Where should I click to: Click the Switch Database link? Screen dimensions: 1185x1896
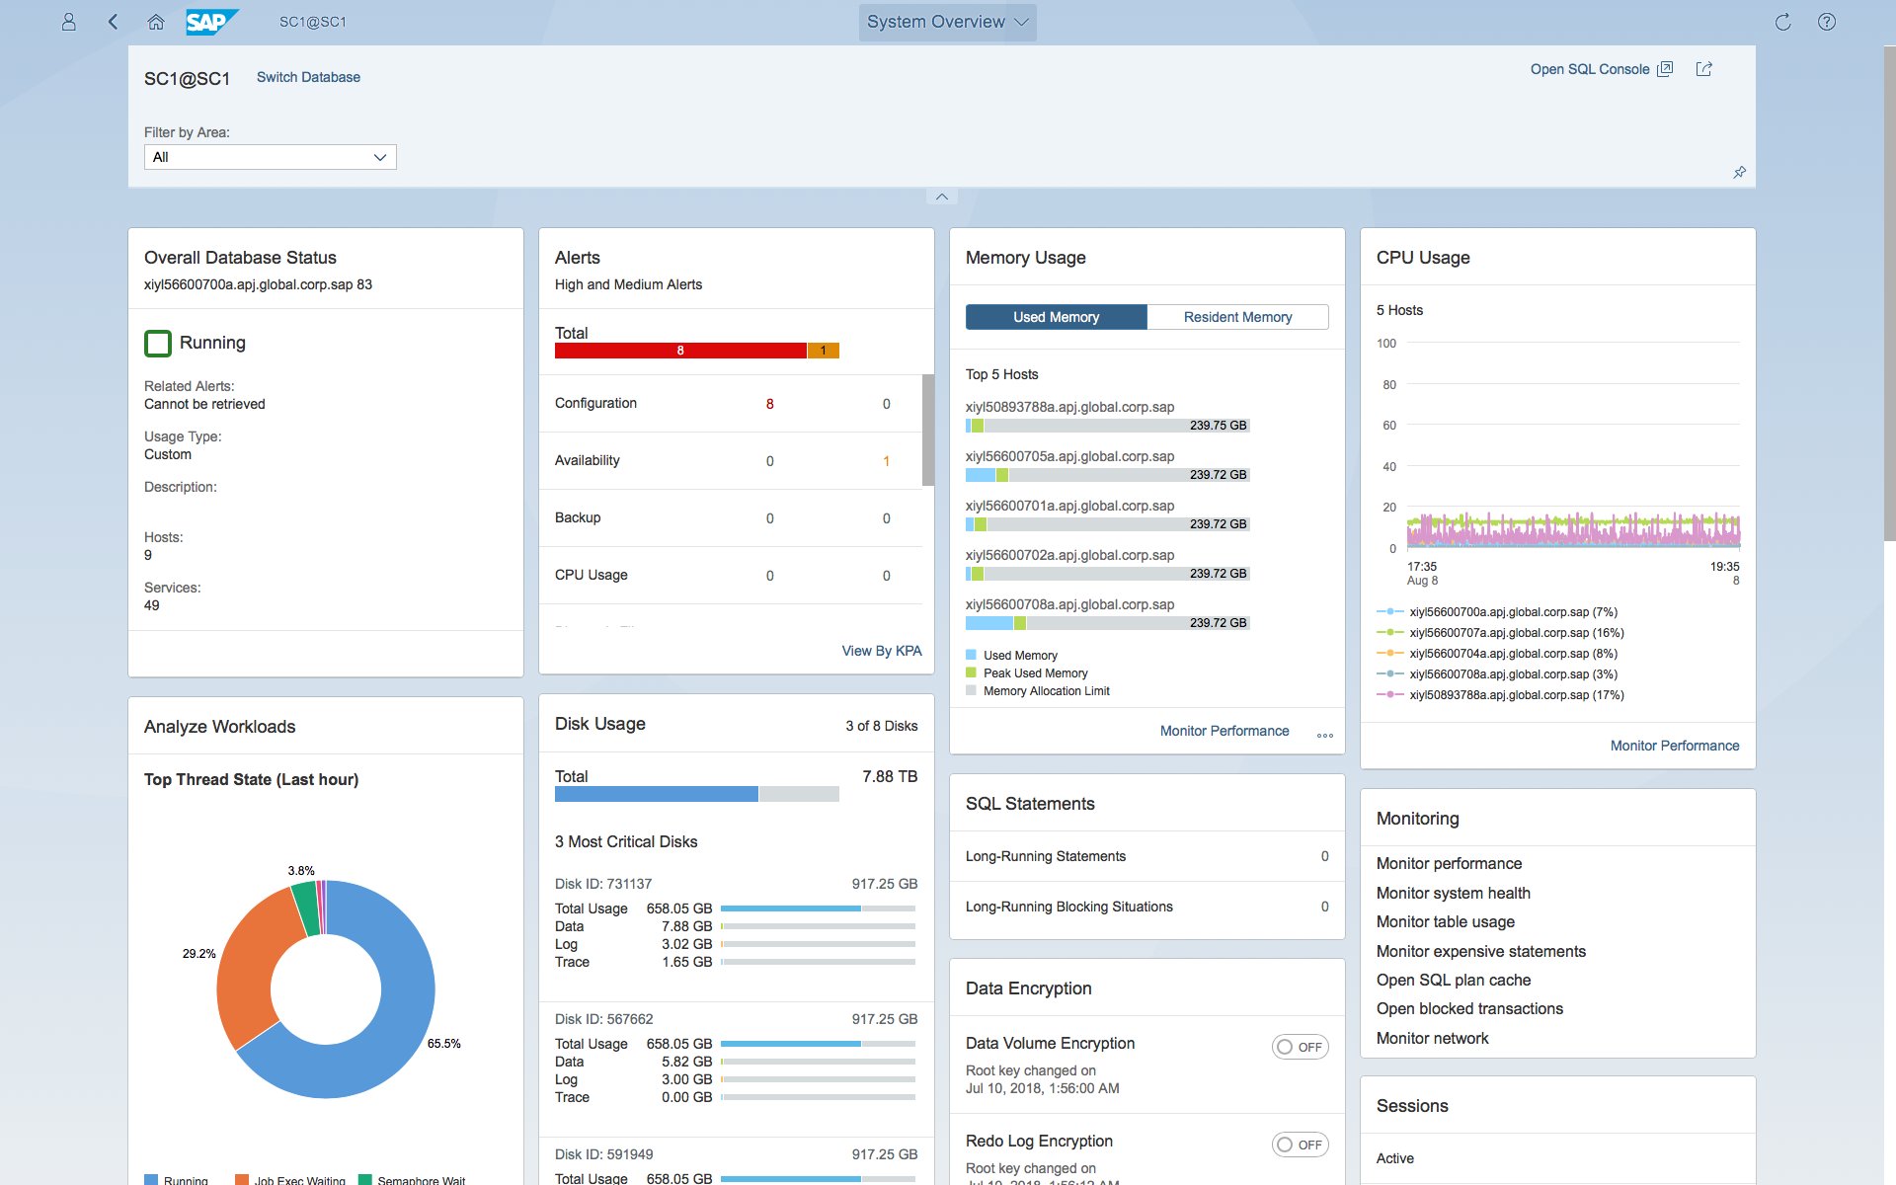(308, 77)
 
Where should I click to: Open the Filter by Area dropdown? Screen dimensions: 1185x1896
(270, 157)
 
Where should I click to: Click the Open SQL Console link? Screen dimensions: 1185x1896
(1590, 69)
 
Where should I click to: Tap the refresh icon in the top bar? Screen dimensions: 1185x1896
(1782, 22)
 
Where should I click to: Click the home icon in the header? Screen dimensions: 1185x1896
(155, 22)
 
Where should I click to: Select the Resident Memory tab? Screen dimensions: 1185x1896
(1237, 317)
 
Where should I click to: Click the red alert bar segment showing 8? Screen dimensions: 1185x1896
(680, 351)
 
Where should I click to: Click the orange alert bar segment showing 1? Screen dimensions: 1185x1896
(823, 351)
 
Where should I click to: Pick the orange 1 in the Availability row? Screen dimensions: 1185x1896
(886, 461)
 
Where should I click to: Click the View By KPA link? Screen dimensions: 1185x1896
(881, 651)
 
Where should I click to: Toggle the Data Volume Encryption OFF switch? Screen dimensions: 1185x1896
(1300, 1047)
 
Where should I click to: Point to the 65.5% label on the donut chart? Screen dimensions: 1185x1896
(443, 1044)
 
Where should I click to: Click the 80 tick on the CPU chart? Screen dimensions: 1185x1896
(1389, 385)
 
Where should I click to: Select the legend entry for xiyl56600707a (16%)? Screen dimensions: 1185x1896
(1516, 633)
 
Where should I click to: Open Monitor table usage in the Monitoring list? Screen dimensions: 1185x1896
(1445, 921)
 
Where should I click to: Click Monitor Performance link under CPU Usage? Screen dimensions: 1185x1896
(1674, 746)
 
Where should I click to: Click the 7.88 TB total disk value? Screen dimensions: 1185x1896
(889, 777)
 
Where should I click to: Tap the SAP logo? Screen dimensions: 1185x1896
(210, 22)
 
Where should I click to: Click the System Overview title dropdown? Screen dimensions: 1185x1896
(947, 22)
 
